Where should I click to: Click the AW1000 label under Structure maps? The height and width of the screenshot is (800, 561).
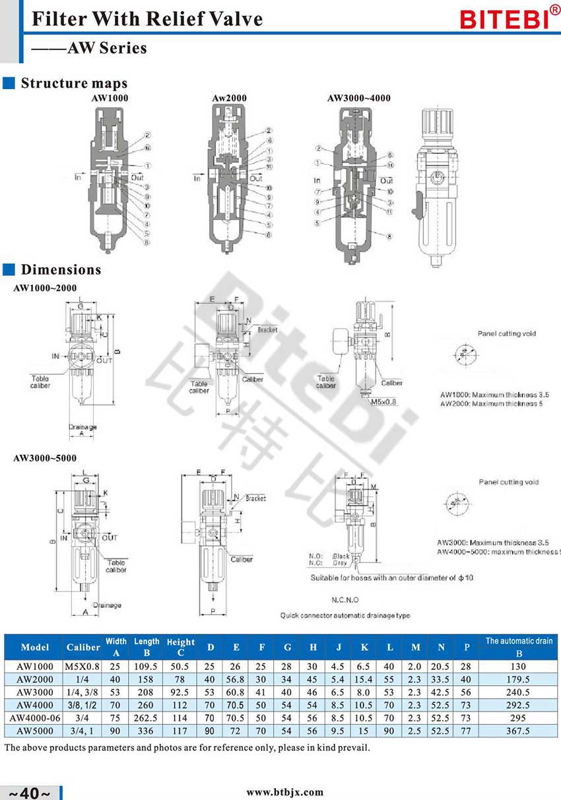click(110, 98)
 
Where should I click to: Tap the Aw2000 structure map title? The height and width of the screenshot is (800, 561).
click(229, 98)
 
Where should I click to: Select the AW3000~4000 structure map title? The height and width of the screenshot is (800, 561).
click(358, 98)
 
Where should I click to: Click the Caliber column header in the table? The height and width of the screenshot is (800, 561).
click(83, 647)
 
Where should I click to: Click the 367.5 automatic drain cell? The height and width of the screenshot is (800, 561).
click(518, 731)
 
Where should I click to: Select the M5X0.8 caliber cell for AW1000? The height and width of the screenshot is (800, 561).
click(83, 667)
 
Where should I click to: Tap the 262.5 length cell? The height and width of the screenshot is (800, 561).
click(147, 718)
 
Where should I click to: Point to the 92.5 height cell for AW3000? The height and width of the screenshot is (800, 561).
click(181, 692)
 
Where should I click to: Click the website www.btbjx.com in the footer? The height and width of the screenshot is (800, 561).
click(285, 792)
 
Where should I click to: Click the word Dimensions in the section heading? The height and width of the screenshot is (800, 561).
click(61, 270)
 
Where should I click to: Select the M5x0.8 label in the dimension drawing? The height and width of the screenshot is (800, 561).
click(385, 401)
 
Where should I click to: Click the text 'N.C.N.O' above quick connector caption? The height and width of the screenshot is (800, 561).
click(345, 600)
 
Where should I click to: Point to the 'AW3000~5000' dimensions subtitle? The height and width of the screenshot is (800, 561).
click(45, 458)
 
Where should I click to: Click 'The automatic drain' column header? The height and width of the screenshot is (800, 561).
click(519, 641)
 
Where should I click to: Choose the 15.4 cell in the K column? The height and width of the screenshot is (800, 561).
click(364, 679)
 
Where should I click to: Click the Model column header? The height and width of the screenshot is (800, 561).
click(35, 647)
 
